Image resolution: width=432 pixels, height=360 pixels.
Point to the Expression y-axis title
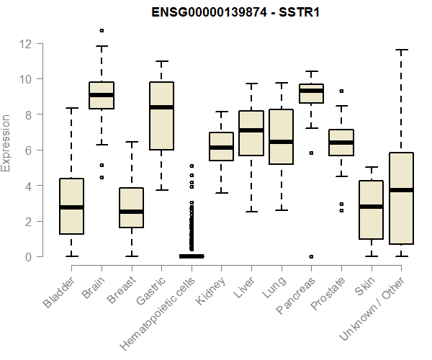[6, 143]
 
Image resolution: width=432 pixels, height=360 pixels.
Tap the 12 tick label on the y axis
[27, 44]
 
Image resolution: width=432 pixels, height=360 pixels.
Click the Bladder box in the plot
[71, 206]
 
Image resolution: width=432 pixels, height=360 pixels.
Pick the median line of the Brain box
[101, 94]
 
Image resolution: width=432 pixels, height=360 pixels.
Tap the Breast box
[131, 207]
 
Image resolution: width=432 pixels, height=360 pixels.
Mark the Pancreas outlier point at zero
[311, 256]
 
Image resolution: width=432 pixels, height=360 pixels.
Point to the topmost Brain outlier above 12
[102, 30]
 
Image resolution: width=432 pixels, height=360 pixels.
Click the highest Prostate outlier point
[341, 91]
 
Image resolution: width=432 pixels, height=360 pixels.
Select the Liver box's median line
[251, 130]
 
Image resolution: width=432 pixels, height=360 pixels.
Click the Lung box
[281, 137]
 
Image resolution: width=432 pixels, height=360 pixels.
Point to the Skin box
[371, 210]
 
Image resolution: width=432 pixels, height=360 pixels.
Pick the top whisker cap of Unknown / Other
[402, 50]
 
